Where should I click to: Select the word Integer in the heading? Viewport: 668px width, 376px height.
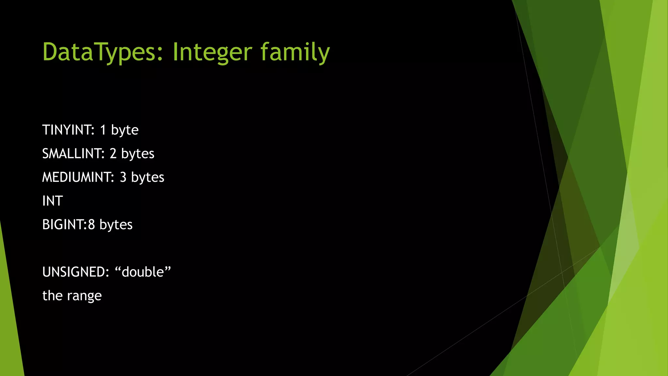pos(212,52)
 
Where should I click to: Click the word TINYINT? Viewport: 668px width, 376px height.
pos(68,130)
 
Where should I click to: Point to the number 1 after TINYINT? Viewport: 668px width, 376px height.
pos(103,130)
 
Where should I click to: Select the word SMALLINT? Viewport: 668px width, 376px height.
pos(72,154)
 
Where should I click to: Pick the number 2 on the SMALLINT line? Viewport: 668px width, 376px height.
pos(113,154)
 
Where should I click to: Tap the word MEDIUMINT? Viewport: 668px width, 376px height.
pos(77,177)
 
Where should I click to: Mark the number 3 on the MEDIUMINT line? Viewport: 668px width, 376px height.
pos(123,177)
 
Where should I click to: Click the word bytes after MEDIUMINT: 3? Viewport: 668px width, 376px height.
pos(147,178)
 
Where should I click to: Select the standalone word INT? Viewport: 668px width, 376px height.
pos(52,201)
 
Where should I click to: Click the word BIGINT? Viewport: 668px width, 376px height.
pos(64,225)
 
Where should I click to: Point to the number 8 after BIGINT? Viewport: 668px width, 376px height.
pos(92,225)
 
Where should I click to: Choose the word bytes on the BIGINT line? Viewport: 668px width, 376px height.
pos(116,225)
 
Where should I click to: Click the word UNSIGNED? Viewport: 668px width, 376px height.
pos(75,272)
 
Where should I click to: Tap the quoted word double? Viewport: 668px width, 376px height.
pos(143,272)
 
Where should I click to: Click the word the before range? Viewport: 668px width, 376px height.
pos(52,296)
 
